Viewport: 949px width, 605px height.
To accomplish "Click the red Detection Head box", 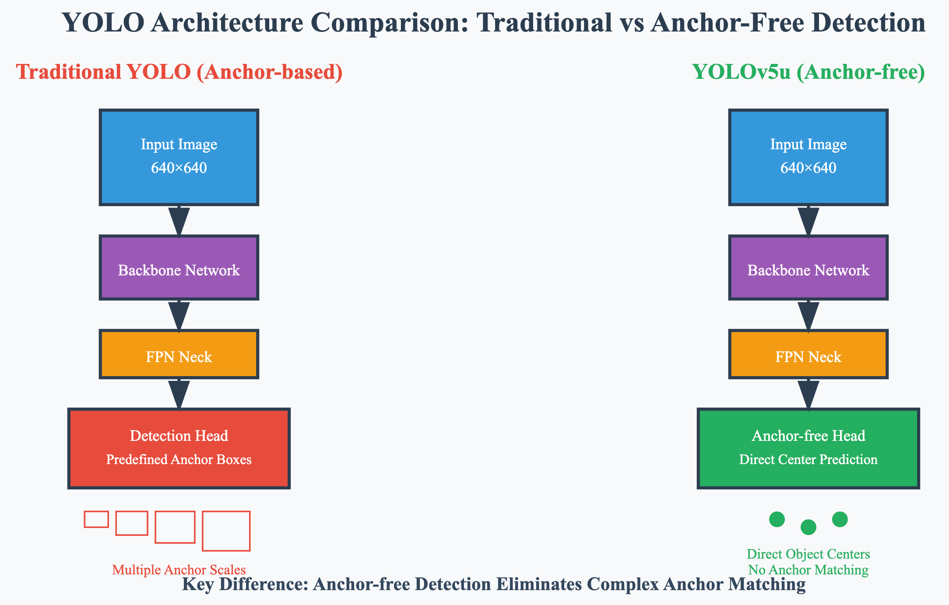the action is (x=179, y=448).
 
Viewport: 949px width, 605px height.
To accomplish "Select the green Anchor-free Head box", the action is (x=808, y=448).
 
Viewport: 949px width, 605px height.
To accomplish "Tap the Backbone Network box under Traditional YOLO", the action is (x=179, y=267).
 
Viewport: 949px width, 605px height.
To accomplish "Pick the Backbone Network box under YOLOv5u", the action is (x=808, y=267).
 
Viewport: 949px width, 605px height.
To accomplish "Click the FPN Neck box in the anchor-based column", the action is (x=179, y=354).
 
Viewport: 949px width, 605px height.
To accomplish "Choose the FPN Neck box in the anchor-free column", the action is (x=808, y=354).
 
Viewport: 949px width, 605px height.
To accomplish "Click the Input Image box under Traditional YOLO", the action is (x=179, y=157).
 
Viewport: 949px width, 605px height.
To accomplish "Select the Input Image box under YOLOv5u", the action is (x=808, y=157).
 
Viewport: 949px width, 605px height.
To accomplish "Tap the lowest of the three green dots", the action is (x=808, y=527).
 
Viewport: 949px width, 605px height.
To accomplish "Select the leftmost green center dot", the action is (x=777, y=519).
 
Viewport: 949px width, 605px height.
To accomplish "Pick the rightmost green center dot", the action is (x=840, y=519).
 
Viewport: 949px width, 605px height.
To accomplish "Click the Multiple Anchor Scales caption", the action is (x=179, y=570).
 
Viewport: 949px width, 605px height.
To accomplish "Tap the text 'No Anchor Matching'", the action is (x=808, y=570).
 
